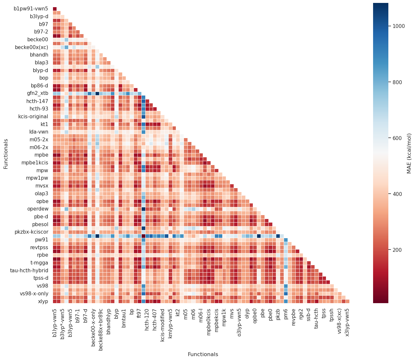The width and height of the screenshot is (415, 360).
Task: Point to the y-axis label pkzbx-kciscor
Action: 32,232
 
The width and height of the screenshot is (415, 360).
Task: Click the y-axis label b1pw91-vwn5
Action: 31,9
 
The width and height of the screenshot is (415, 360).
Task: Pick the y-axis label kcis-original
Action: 33,116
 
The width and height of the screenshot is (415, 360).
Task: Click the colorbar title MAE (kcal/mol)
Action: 409,153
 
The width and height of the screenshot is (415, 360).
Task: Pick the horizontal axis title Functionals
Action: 203,354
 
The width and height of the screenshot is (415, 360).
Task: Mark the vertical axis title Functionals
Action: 6,154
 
